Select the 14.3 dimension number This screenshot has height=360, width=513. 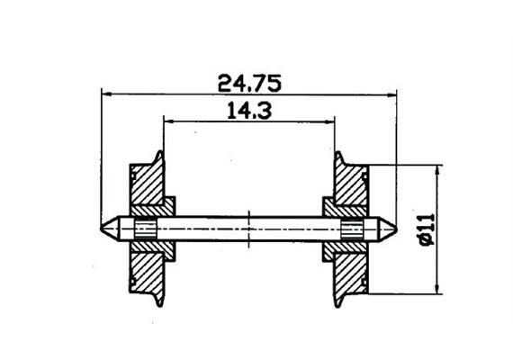point(245,111)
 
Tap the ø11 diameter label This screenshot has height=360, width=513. point(425,229)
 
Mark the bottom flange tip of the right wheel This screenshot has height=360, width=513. point(338,304)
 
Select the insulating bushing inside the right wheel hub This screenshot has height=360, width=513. point(351,229)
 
